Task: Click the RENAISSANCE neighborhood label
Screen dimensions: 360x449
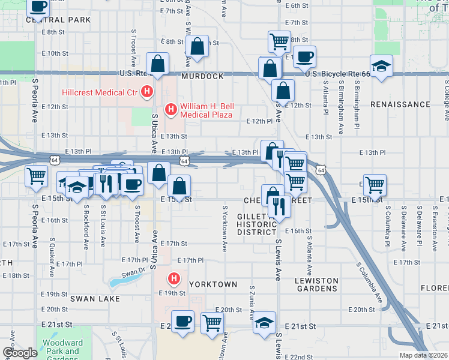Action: coord(400,104)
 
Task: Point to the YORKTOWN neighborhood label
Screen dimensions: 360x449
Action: coord(213,284)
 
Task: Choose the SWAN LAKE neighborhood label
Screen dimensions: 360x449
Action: coord(95,298)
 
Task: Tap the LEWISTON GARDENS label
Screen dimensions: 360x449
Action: coord(325,285)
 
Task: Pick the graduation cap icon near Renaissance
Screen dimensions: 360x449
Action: coord(381,67)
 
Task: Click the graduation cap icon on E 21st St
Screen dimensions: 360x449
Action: coord(264,323)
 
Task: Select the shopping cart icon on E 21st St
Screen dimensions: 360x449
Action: coord(212,323)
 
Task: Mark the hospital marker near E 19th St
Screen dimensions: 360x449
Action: coord(174,278)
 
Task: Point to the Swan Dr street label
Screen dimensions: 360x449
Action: coord(133,272)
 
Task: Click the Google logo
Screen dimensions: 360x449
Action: coord(20,353)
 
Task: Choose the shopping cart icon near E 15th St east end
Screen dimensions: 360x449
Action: coord(375,185)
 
